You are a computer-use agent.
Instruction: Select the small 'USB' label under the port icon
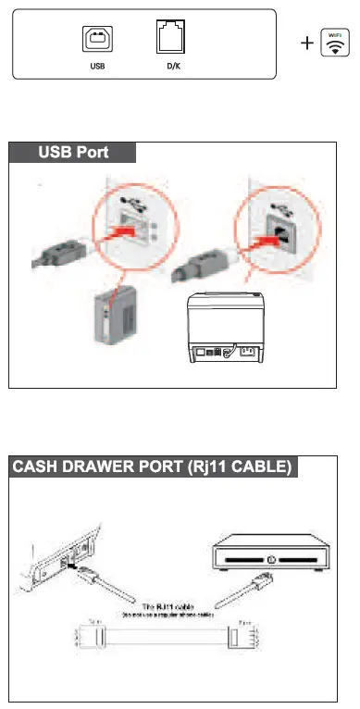click(97, 67)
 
